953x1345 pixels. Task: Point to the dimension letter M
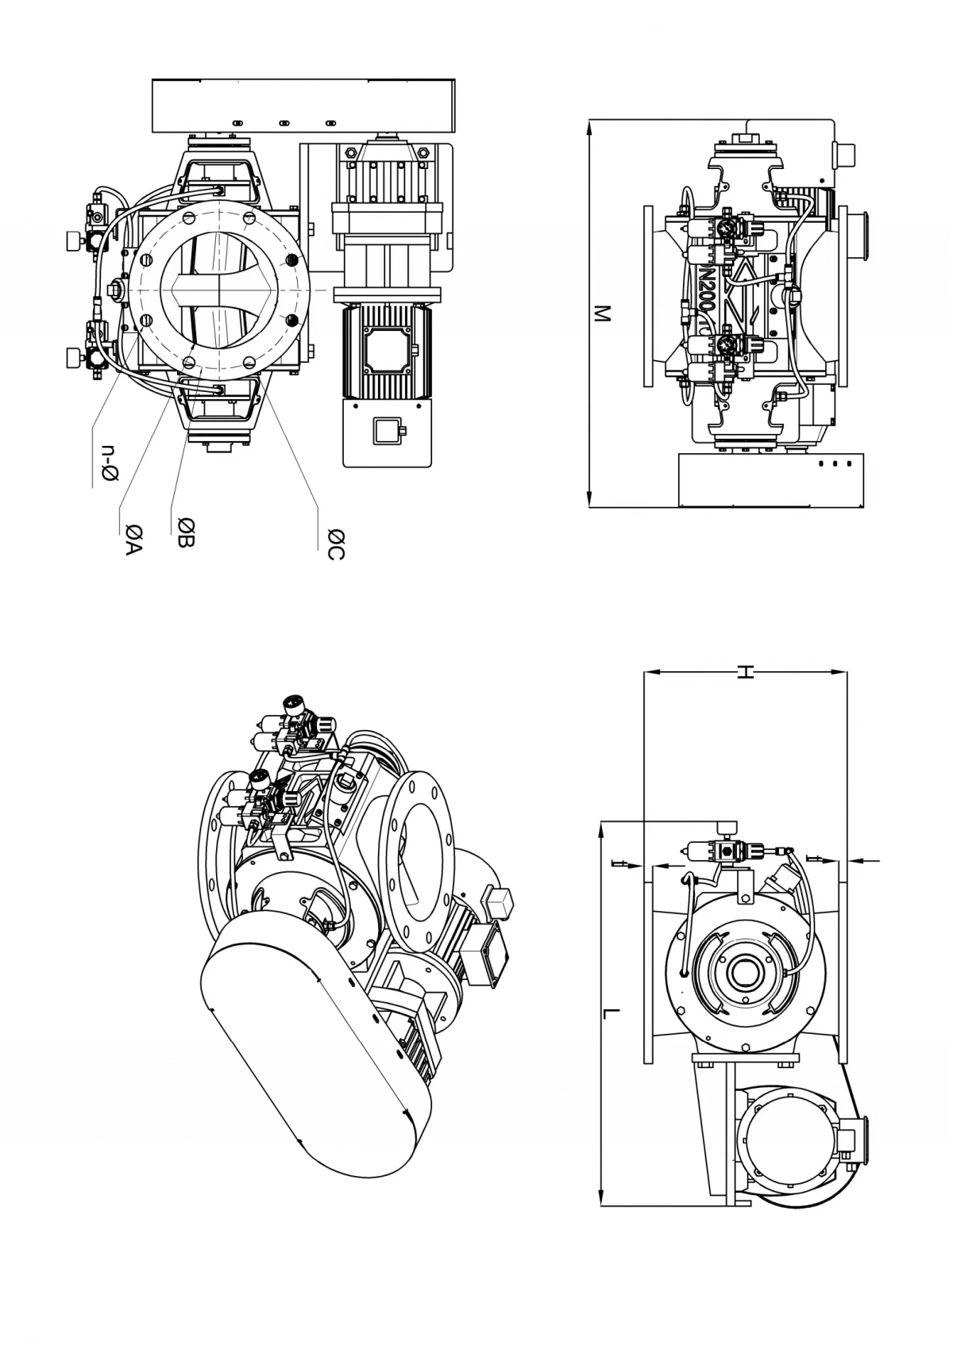coord(602,313)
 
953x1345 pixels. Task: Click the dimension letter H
coord(744,673)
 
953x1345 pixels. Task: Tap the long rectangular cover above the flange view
coord(303,106)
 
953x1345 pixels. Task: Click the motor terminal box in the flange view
coord(386,348)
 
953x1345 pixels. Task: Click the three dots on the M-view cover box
coord(835,463)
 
